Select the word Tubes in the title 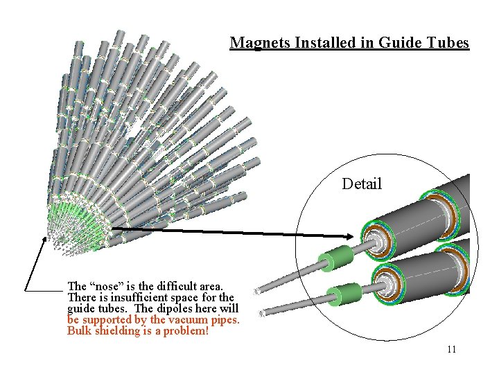[448, 43]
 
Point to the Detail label [362, 184]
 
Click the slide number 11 [451, 349]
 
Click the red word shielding [118, 331]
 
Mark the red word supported [107, 320]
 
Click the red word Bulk [80, 331]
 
